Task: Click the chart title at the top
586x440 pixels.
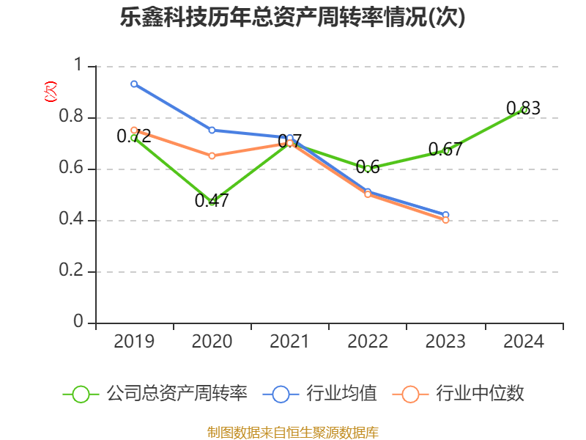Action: (293, 18)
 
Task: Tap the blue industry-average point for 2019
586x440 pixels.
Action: (134, 84)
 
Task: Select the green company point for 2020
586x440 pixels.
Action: (212, 202)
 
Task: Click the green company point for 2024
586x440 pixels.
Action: (524, 110)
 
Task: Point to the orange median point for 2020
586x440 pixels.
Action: (212, 155)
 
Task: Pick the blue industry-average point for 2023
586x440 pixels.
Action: (445, 215)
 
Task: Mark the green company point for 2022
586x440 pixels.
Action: (368, 169)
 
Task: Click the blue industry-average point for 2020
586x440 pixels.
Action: (212, 130)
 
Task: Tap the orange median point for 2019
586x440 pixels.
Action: (134, 130)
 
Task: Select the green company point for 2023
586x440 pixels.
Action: (445, 150)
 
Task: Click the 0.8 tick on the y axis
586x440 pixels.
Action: (73, 117)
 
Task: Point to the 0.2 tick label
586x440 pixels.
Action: (73, 271)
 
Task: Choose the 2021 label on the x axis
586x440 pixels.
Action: (289, 342)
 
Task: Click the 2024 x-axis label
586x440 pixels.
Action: (524, 342)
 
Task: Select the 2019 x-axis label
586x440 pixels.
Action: (134, 342)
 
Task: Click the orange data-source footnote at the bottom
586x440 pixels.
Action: (293, 432)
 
